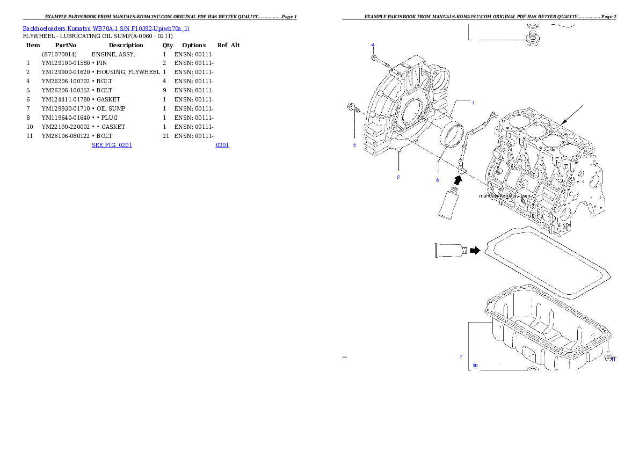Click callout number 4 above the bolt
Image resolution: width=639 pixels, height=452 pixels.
click(373, 45)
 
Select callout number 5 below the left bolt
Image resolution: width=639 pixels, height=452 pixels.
click(354, 145)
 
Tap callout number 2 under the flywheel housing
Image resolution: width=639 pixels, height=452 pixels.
click(398, 177)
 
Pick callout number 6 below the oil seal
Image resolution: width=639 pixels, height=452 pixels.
click(438, 180)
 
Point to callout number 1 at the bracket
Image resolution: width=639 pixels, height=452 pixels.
click(473, 103)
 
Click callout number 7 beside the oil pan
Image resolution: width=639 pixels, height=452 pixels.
click(461, 356)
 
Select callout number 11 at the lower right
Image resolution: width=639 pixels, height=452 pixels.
click(613, 360)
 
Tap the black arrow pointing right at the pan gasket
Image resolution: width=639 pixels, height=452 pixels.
click(474, 250)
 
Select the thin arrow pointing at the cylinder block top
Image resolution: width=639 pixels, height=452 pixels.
click(573, 115)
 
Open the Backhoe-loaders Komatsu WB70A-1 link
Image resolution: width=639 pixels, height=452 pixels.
click(106, 28)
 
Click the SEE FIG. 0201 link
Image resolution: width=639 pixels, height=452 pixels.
click(112, 145)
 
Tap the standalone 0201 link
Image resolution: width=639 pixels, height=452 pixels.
click(222, 145)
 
